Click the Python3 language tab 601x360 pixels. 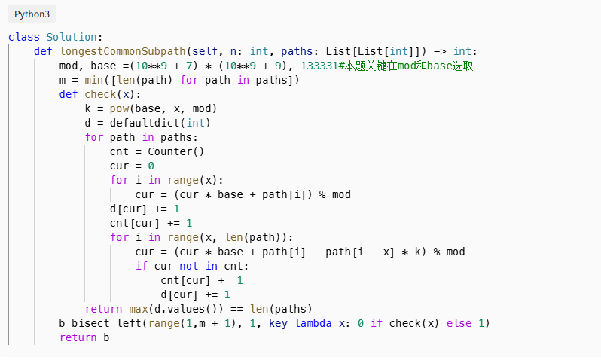click(30, 14)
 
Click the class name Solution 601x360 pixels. click(72, 37)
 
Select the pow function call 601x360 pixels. click(119, 108)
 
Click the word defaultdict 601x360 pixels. click(141, 123)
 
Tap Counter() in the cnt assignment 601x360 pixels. click(175, 151)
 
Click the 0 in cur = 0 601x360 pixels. click(151, 166)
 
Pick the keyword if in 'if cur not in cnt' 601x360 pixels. click(142, 266)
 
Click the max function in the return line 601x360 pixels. click(138, 309)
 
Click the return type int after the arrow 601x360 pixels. click(462, 51)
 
